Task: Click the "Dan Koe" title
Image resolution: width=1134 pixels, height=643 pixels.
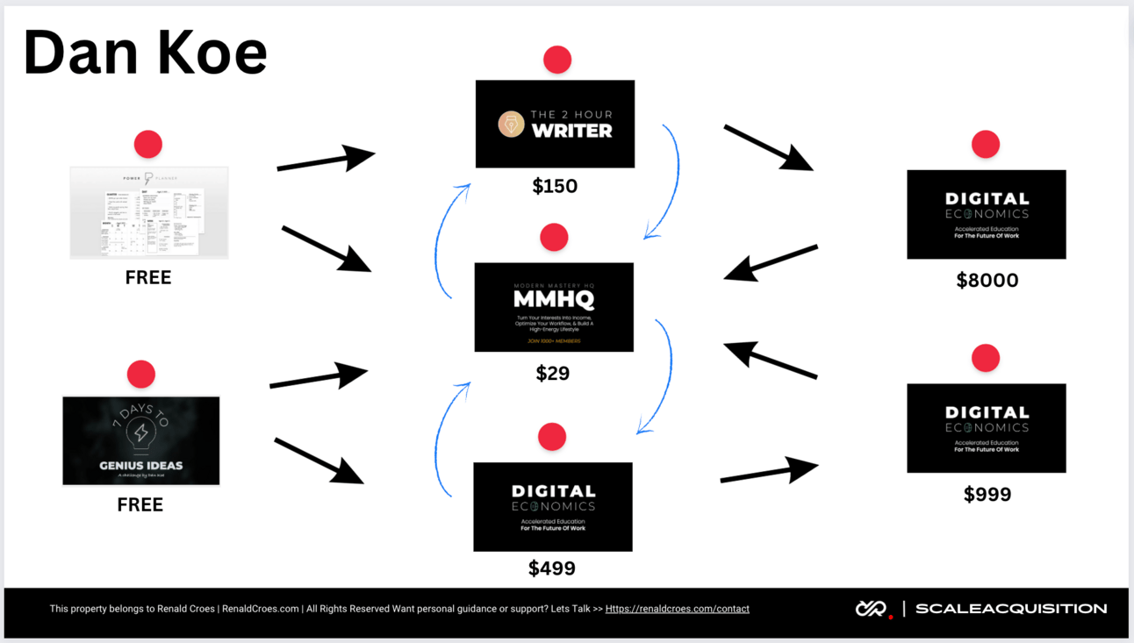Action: pos(146,53)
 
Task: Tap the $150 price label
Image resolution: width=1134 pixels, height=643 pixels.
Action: pos(555,186)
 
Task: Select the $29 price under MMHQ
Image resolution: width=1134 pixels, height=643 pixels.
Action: pos(553,374)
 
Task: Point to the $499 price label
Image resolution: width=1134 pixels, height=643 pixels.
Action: pos(552,568)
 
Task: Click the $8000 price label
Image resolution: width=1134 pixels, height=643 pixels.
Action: pos(987,281)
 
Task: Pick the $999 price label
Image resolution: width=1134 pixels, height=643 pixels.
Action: pos(987,495)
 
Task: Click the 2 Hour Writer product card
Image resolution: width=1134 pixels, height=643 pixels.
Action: pos(555,124)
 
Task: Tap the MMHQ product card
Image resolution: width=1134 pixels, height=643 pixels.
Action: pos(554,307)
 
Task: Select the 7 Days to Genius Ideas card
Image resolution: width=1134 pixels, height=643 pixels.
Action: pos(141,440)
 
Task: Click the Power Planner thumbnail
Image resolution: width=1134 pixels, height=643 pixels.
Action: pos(149,212)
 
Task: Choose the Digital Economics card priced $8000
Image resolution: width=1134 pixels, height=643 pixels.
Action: pos(987,214)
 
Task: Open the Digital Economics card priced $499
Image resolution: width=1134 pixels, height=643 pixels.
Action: pos(553,507)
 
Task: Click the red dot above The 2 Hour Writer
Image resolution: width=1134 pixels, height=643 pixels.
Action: pos(557,60)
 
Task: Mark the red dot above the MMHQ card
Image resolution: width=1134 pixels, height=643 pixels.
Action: pos(554,237)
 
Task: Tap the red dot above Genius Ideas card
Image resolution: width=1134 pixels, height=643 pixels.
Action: pos(141,375)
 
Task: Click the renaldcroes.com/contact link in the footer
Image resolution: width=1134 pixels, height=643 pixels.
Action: pos(677,609)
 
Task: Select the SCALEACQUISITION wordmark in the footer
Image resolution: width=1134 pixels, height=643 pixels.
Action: pos(1011,609)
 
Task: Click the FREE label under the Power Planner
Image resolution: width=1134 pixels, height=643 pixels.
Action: pos(148,278)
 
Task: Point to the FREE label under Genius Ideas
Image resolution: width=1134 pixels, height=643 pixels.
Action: pos(140,505)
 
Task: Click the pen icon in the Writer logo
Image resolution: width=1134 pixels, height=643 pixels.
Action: pos(511,125)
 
